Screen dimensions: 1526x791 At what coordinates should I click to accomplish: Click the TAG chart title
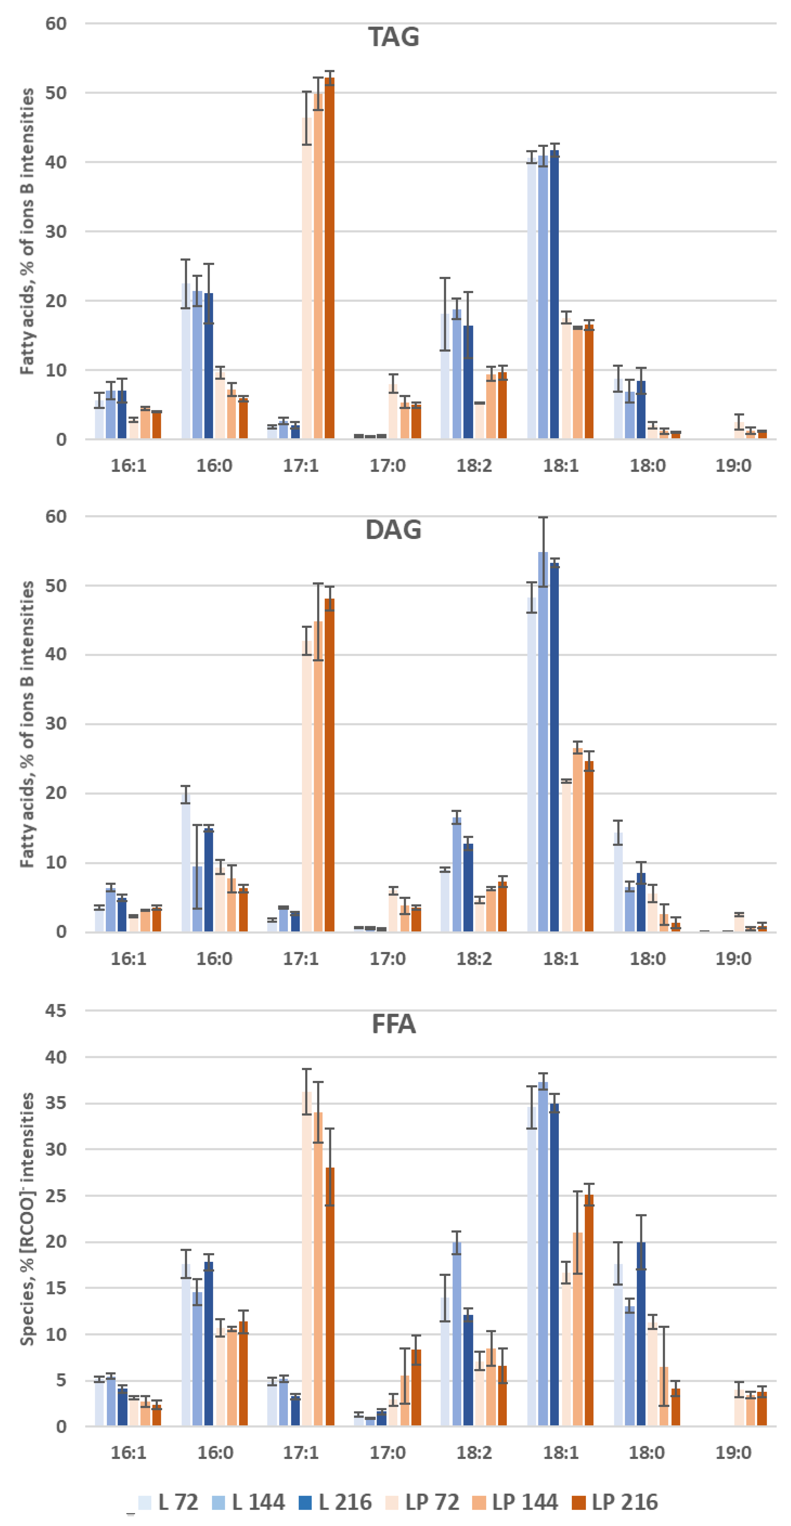(x=393, y=37)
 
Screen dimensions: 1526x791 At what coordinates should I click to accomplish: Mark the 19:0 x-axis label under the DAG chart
(x=734, y=959)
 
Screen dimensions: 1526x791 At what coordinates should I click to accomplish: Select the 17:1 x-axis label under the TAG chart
(x=301, y=466)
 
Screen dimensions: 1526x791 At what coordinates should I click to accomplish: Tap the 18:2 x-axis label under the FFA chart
(x=474, y=1453)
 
